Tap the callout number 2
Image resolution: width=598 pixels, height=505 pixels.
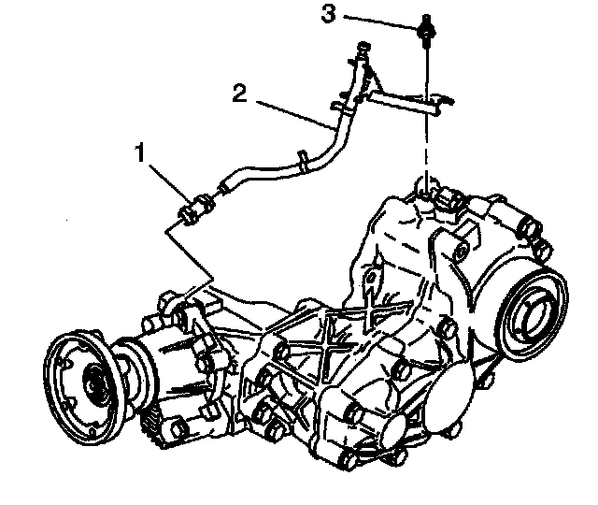tap(240, 94)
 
